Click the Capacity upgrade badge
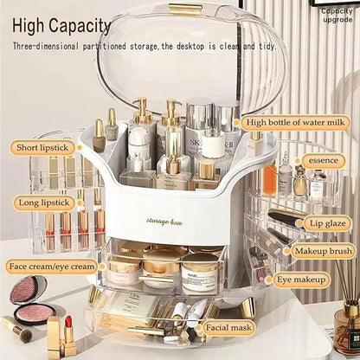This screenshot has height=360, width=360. [x=337, y=15]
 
